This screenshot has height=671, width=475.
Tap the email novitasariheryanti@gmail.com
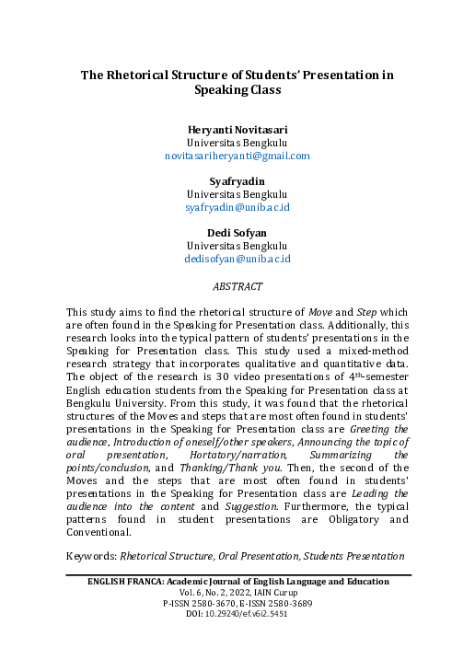[x=237, y=156]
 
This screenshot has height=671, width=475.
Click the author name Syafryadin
[x=237, y=182]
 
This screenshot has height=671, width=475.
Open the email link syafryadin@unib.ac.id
[x=237, y=208]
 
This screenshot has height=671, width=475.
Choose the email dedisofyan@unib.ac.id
[x=237, y=260]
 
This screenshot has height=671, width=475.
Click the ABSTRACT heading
[x=237, y=287]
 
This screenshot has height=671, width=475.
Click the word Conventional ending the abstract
[x=98, y=532]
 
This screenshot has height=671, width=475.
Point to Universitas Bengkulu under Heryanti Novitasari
[x=237, y=144]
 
